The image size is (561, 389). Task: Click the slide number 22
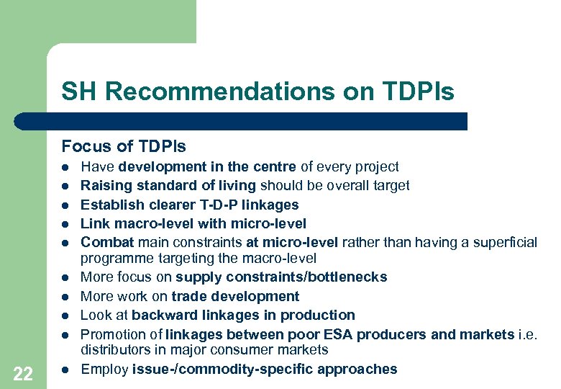click(23, 373)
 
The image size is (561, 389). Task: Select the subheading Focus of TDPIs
click(123, 147)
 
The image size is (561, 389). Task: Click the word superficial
click(505, 243)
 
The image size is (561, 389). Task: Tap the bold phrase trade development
click(235, 296)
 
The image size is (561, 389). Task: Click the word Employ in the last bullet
click(104, 370)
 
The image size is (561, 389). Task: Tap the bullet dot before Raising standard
click(65, 186)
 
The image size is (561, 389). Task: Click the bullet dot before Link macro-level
click(65, 224)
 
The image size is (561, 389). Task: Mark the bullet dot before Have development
click(65, 167)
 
